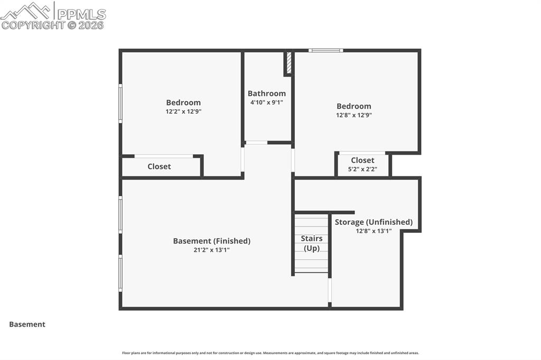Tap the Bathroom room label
click(x=267, y=93)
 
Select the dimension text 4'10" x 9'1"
click(x=267, y=102)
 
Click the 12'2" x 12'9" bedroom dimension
click(x=183, y=111)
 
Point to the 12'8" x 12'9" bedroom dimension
click(x=354, y=115)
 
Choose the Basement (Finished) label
click(x=212, y=241)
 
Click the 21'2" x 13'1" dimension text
click(x=212, y=250)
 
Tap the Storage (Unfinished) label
click(x=374, y=222)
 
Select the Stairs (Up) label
click(x=312, y=243)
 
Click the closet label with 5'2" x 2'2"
click(x=362, y=160)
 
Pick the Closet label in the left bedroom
click(x=159, y=166)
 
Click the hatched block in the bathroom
click(x=288, y=63)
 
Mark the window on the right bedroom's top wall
click(x=325, y=51)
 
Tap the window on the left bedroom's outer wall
click(x=120, y=103)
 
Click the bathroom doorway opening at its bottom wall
click(x=256, y=143)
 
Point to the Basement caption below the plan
click(x=27, y=324)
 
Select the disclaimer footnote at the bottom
click(x=270, y=353)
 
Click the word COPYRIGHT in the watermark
click(x=33, y=25)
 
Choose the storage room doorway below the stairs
click(x=330, y=290)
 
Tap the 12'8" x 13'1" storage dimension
click(x=374, y=231)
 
